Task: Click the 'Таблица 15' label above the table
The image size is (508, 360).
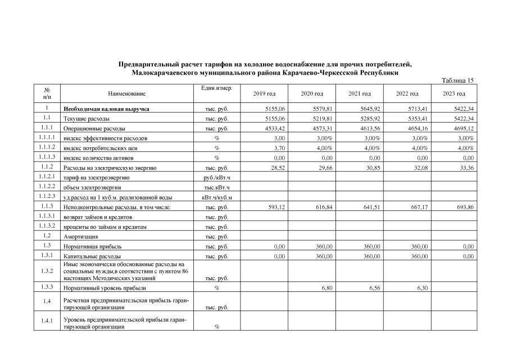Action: tap(458, 80)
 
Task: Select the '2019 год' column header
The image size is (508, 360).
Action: tap(264, 93)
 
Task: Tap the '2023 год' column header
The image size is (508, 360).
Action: tap(454, 93)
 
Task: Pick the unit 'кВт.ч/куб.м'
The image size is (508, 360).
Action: tap(216, 197)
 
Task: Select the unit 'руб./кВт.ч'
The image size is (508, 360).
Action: tap(216, 178)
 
